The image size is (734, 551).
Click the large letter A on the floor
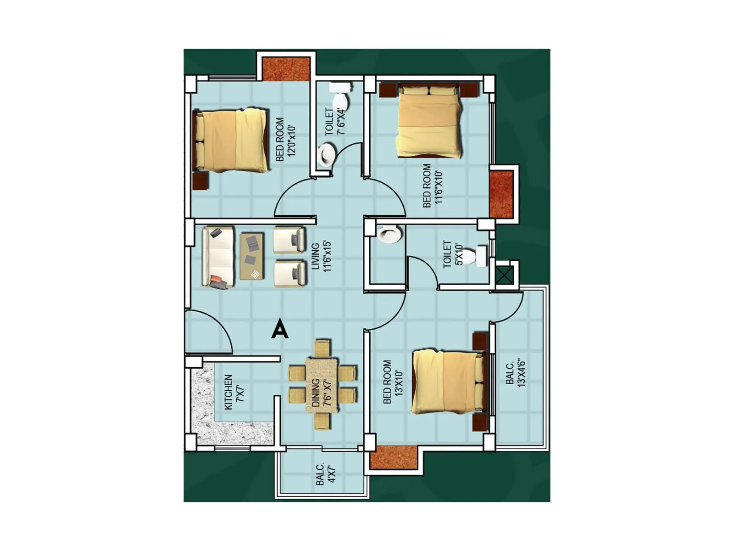pyautogui.click(x=279, y=329)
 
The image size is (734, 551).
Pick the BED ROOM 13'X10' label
pyautogui.click(x=393, y=382)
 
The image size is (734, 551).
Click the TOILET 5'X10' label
pyautogui.click(x=453, y=254)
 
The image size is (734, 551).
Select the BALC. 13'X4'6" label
pyautogui.click(x=515, y=374)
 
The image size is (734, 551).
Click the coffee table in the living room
pyautogui.click(x=252, y=256)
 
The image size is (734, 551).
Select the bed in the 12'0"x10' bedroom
pyautogui.click(x=231, y=141)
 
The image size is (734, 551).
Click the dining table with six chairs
pyautogui.click(x=323, y=385)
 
